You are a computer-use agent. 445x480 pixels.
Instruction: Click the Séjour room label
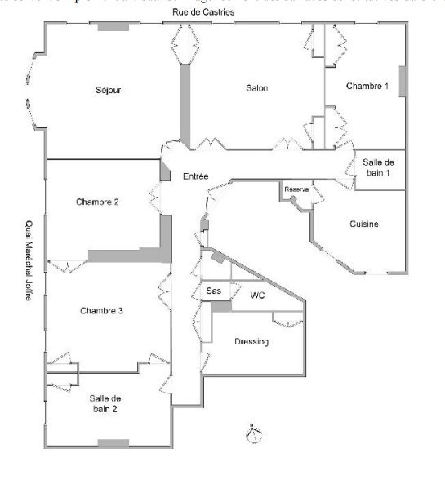108,90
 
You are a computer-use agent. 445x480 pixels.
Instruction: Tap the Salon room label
257,88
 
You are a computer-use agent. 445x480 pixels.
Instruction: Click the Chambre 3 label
102,311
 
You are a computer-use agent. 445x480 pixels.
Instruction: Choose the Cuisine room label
363,224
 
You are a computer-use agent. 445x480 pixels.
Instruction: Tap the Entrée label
196,176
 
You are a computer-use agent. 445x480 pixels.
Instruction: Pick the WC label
258,295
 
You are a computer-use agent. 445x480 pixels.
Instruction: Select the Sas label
213,291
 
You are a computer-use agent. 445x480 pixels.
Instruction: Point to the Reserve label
296,189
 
